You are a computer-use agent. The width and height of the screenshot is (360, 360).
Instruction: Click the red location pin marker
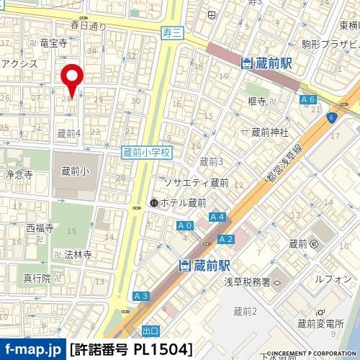point(72,76)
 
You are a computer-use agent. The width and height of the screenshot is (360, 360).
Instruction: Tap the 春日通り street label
point(88,25)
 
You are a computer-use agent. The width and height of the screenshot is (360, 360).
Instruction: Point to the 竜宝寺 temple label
point(53,43)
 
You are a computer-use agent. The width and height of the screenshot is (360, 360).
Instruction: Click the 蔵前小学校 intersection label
point(146,153)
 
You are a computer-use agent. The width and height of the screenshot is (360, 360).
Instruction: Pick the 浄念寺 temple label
point(19,175)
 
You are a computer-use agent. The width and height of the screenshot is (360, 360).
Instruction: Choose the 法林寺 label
point(76,255)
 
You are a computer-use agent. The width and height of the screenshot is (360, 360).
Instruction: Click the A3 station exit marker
point(141,296)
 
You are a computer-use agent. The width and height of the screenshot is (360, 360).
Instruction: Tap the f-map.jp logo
point(32,350)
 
